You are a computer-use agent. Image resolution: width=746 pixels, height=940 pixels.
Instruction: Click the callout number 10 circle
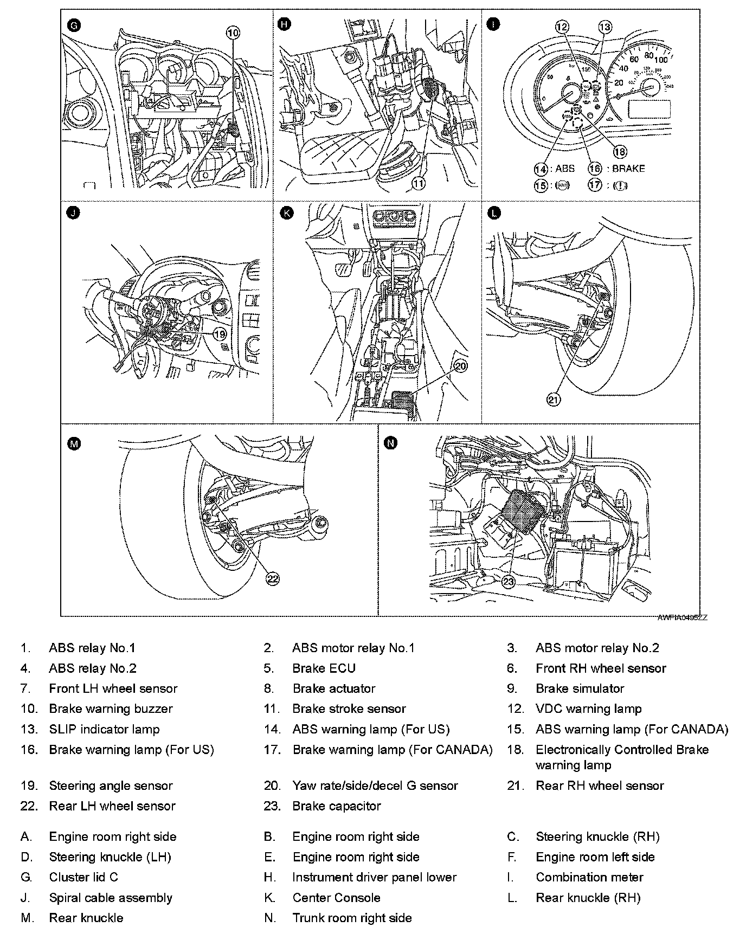(233, 33)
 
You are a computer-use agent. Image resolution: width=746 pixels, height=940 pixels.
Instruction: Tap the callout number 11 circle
(419, 183)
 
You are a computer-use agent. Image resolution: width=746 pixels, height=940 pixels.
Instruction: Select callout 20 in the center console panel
(460, 366)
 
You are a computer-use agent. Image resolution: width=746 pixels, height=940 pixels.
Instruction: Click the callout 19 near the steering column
(220, 334)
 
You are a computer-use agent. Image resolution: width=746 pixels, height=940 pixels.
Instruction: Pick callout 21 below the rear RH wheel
(553, 400)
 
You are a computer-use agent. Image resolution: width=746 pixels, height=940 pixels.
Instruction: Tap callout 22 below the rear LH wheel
(272, 579)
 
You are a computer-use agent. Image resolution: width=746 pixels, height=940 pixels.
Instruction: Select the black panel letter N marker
(390, 443)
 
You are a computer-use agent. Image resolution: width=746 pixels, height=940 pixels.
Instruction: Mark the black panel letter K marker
(286, 213)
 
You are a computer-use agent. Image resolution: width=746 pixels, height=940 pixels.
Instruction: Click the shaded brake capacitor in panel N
(521, 512)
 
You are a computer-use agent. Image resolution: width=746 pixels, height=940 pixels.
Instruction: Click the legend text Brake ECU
(324, 668)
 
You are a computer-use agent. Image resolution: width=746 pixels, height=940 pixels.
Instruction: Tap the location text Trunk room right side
(352, 918)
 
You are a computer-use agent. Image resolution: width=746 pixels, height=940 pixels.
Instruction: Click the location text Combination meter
(589, 877)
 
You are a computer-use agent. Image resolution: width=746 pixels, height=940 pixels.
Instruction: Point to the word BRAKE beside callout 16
(628, 169)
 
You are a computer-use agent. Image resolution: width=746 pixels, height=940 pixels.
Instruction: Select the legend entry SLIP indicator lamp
(104, 729)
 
